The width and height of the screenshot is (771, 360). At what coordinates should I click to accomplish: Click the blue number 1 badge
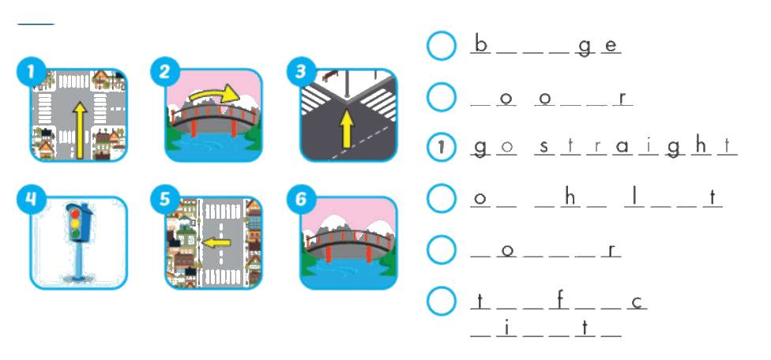coord(31,73)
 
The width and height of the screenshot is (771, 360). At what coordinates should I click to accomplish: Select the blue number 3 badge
coord(300,73)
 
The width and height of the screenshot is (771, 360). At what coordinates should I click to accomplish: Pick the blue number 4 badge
coord(31,201)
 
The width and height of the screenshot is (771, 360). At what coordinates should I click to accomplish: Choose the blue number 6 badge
coord(300,201)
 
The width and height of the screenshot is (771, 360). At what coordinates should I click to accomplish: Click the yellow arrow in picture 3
coord(347,128)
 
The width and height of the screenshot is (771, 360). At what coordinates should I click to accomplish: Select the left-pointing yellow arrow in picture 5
coord(216,242)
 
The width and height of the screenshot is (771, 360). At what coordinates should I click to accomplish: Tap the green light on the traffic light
coord(76,234)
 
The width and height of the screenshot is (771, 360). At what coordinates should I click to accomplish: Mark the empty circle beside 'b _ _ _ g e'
coord(441,46)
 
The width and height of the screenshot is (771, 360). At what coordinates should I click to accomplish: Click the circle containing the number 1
coord(441,147)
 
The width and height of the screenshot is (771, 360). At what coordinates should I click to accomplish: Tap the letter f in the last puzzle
coord(559,301)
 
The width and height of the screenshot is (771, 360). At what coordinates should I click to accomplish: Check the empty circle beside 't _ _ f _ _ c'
coord(441,301)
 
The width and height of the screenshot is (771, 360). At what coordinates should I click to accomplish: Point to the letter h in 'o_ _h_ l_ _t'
coord(570,197)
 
